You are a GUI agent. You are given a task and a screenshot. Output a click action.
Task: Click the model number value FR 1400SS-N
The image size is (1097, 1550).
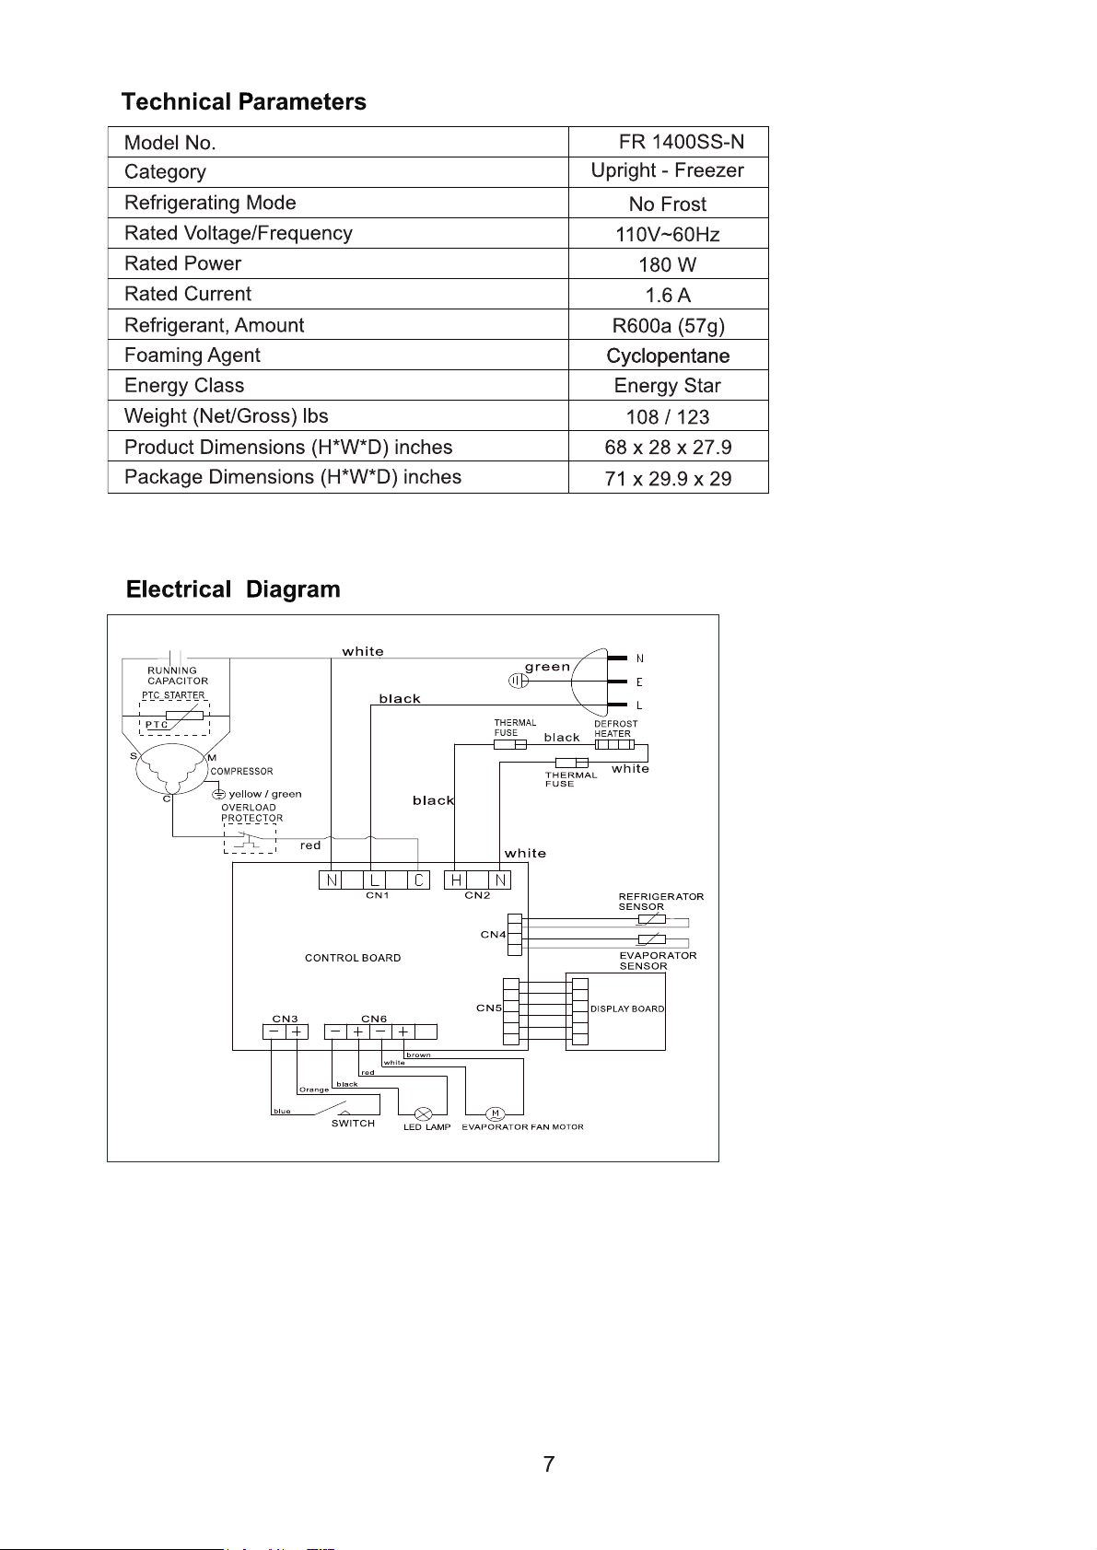pos(681,142)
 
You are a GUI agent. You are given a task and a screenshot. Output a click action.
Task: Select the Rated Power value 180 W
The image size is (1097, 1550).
pos(667,265)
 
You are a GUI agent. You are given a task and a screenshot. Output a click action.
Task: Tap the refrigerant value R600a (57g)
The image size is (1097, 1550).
pos(669,326)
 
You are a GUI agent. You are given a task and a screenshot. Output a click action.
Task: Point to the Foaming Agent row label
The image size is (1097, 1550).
pos(193,355)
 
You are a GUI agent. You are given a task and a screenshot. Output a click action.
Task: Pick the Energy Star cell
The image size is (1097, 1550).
pos(667,385)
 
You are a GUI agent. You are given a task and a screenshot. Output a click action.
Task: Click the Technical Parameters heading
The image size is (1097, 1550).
pos(243,101)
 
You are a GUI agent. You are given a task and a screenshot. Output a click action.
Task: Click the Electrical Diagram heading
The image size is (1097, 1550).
pos(233,589)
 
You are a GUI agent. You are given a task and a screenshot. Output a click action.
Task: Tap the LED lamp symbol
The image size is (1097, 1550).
pos(423,1114)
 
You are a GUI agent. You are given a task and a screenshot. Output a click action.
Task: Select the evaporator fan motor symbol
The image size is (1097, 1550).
pos(495,1113)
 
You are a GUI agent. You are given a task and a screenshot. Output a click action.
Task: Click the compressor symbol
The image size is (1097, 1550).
pos(171,769)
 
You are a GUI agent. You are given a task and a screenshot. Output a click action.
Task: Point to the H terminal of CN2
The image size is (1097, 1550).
pos(455,880)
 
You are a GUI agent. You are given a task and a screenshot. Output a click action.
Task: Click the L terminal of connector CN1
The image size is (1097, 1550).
pos(374,880)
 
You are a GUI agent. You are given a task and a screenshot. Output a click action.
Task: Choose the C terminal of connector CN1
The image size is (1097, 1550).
pos(419,880)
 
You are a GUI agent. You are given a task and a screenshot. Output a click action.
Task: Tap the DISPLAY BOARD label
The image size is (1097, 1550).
pos(627,1008)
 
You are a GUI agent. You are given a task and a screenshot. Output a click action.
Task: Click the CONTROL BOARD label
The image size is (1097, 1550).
pos(353,958)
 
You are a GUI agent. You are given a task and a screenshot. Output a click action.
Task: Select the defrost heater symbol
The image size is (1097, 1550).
pos(614,744)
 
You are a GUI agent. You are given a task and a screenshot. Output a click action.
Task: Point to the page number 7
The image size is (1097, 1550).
pos(549,1464)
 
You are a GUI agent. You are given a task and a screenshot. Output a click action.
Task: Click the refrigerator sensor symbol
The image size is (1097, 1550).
pos(652,920)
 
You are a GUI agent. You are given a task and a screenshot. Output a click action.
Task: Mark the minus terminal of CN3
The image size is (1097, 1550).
pos(274,1031)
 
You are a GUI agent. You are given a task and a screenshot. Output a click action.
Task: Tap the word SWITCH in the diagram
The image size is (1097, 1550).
pos(353,1123)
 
